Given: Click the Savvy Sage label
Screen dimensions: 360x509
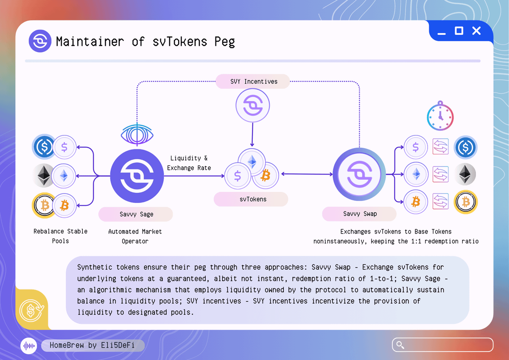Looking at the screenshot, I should point(136,214).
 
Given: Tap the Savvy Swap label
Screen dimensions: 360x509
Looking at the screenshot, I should point(360,214).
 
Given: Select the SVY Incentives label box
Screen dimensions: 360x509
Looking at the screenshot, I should point(253,82).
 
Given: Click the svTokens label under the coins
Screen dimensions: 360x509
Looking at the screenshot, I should point(251,199).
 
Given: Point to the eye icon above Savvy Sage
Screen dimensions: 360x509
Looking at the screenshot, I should point(137,133).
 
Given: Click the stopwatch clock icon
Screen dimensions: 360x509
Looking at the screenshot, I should point(440,115).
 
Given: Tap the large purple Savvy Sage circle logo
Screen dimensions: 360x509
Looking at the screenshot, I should point(137,175).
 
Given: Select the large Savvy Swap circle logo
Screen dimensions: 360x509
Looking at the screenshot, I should point(359,174).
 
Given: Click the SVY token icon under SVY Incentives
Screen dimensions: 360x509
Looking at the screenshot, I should point(252,106).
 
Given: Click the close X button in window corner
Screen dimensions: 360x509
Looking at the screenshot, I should point(476,31).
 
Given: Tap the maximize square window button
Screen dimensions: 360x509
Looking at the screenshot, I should point(459,31).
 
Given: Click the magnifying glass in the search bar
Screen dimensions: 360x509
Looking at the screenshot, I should point(400,345).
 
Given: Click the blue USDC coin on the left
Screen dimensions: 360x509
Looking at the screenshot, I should point(44,147).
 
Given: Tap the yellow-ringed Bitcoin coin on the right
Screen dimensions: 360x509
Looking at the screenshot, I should point(466,202).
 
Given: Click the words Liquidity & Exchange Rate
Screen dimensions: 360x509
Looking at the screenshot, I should point(189,163).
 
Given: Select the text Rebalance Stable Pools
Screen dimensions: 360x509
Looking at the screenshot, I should point(61,236).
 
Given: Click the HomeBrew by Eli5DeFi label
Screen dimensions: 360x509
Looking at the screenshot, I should point(92,346).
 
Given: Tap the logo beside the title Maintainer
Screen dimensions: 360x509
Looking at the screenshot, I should point(40,41).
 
